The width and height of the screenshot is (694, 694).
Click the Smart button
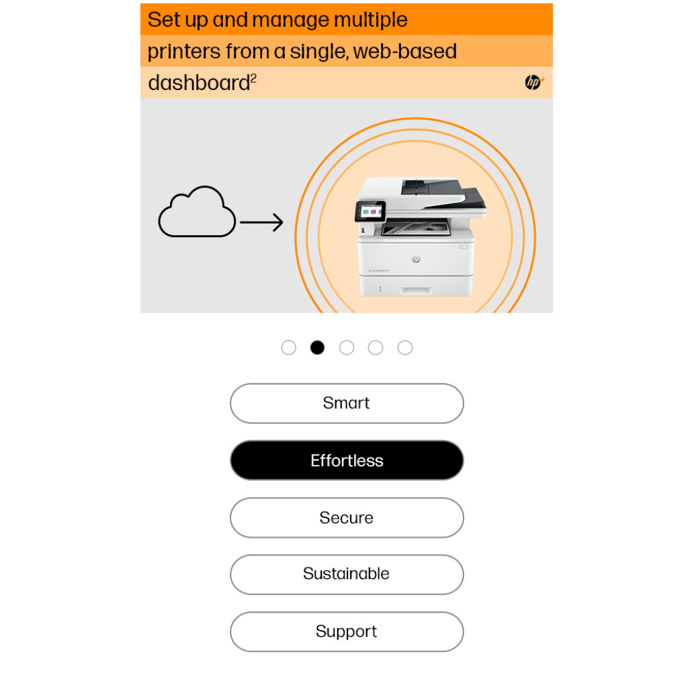point(347,403)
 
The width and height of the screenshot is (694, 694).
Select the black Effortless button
point(347,460)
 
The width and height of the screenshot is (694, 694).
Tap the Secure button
point(347,517)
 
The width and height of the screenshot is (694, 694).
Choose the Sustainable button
point(347,574)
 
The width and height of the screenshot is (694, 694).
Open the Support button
point(347,632)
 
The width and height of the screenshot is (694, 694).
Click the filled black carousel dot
point(317,347)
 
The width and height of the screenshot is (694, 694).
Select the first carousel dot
point(289,347)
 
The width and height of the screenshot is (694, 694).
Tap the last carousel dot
point(405,347)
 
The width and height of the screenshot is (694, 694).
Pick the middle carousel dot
point(347,347)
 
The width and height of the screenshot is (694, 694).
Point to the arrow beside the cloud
point(261,222)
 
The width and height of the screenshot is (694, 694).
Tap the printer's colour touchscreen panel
point(370,212)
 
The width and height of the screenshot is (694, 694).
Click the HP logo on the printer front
point(416,259)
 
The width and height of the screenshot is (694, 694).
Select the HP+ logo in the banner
point(534,83)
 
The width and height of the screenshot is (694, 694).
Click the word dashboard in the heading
point(199,83)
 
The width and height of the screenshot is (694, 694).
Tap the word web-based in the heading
point(405,51)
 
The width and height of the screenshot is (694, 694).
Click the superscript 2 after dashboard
point(253,79)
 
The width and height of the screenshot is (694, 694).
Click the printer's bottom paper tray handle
point(416,290)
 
